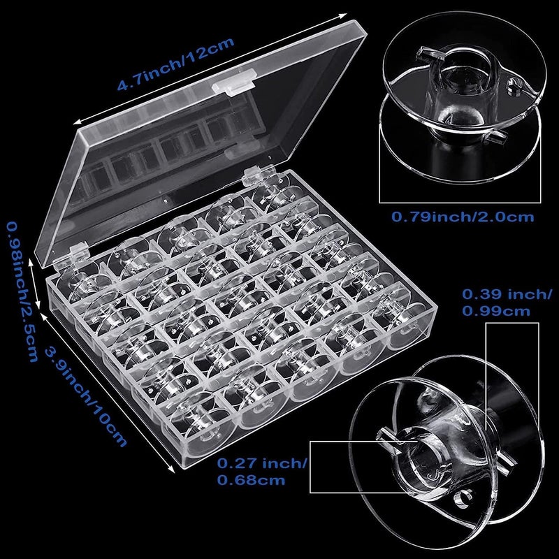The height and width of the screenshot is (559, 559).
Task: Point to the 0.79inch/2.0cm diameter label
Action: tap(462, 217)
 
